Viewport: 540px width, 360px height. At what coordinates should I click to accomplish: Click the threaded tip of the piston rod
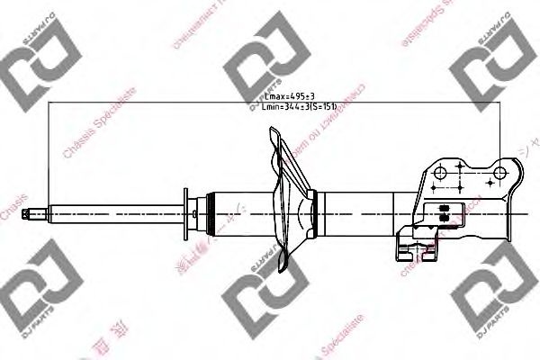(38, 214)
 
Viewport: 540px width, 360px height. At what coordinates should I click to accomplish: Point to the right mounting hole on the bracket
(501, 170)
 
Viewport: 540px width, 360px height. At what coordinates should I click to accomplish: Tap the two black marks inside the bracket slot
(442, 212)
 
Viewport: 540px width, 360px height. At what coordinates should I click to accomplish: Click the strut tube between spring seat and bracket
(360, 214)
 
